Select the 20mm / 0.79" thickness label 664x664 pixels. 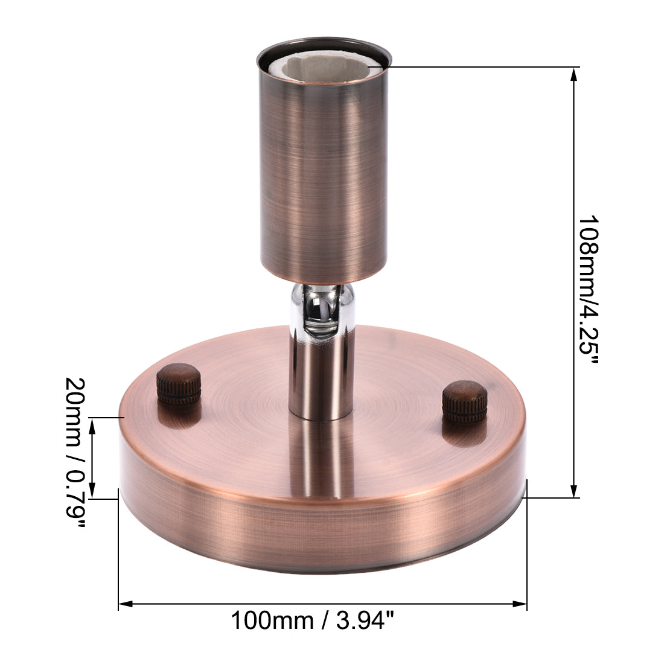pos(75,453)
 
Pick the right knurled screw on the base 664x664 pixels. pos(464,401)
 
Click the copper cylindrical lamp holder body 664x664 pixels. pos(323,181)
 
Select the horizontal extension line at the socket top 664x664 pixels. pos(483,66)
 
